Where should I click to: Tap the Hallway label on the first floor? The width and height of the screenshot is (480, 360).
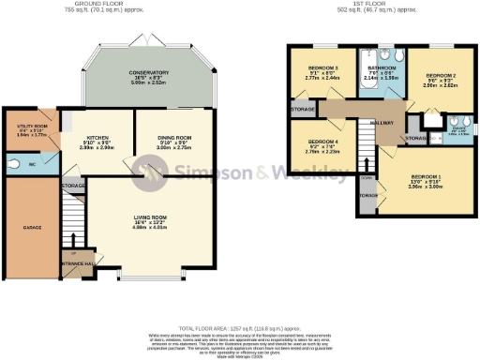(382, 122)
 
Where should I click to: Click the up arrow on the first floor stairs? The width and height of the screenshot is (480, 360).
(367, 174)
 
